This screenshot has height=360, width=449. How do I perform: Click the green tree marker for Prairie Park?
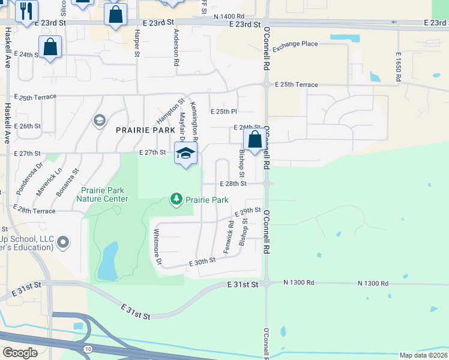click(176, 199)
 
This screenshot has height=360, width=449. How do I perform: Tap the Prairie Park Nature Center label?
click(102, 194)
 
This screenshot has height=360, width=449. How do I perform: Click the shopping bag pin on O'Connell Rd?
click(255, 140)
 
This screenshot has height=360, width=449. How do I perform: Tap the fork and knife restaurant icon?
click(26, 11)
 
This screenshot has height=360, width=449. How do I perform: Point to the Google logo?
click(20, 352)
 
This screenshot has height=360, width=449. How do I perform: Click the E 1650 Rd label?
click(398, 66)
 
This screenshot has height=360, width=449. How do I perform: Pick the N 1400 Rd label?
click(229, 17)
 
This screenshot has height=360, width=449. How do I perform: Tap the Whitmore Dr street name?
click(158, 247)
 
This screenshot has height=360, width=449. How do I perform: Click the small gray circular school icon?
click(98, 121)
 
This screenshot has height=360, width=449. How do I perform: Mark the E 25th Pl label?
click(224, 112)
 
